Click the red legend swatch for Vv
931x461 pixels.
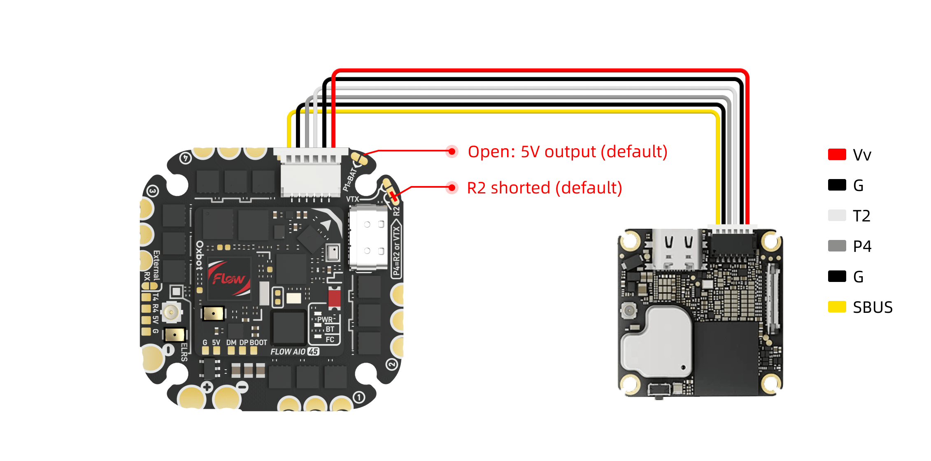837,155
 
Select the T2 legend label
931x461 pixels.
861,216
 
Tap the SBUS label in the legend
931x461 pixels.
873,307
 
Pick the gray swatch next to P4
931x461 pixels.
837,246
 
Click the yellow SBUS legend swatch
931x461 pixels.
837,307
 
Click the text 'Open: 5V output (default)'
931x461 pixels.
567,151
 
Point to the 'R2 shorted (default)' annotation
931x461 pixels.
544,188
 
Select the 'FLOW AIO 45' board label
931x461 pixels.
295,352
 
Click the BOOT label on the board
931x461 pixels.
258,342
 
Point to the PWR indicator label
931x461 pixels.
325,319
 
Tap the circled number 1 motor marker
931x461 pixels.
359,397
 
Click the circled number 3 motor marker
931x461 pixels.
153,191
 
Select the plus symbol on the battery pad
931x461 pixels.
207,387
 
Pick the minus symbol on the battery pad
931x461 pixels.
243,387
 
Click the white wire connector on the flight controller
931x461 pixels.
311,173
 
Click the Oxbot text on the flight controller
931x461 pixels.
200,256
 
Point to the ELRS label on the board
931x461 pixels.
184,352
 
